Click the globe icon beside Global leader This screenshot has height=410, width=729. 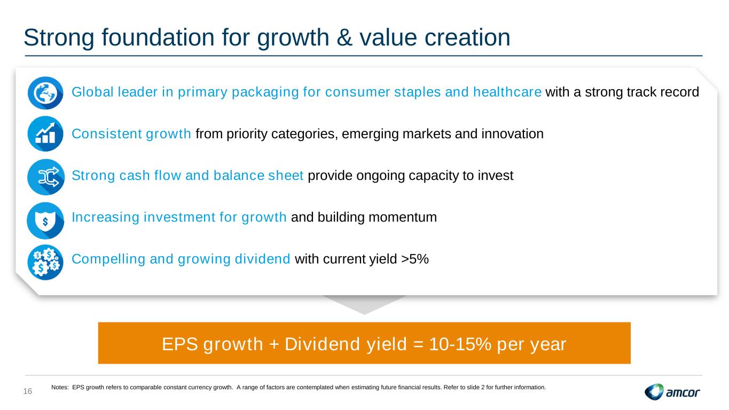point(45,93)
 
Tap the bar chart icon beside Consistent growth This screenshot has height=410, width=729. point(45,134)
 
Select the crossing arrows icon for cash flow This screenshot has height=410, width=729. point(45,177)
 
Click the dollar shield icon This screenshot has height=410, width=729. point(45,220)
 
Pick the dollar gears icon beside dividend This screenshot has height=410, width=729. point(45,262)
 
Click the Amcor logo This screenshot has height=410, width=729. point(672,392)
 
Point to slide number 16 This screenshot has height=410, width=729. point(28,391)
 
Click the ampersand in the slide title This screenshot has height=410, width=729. point(344,37)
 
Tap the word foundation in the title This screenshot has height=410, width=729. point(158,37)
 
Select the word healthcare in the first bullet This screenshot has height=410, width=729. point(507,92)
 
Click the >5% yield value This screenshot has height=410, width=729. point(415,259)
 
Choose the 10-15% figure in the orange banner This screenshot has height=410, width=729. point(460,344)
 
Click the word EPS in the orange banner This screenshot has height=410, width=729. point(179,344)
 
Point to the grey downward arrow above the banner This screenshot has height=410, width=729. point(364,305)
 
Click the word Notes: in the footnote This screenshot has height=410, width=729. point(60,387)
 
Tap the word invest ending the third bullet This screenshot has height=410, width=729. point(495,176)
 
